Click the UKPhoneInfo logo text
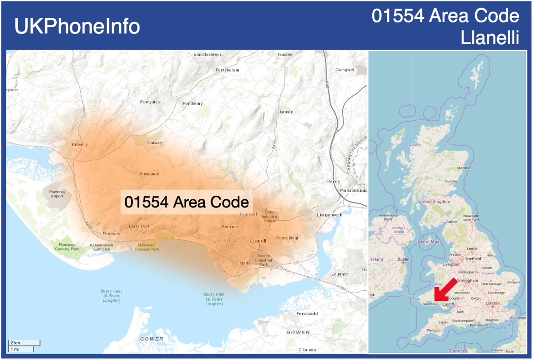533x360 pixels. pos(77,26)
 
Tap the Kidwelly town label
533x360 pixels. pos(80,145)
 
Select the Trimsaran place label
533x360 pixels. pos(150,174)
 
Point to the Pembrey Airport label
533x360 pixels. pos(57,194)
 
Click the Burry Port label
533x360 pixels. pos(139,226)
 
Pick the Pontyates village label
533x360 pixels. pos(150,102)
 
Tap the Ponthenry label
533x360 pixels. pos(192,103)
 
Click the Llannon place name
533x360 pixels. pos(286,112)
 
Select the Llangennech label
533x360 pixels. pos(330,215)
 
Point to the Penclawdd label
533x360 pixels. pos(307,313)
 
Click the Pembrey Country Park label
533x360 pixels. pos(67,247)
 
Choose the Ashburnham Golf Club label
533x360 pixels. pos(101,247)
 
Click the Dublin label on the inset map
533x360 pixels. pos(403,259)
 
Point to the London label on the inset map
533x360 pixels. pos(492,303)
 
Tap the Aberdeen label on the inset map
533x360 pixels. pos(464,168)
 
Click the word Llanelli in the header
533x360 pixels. pos(490,38)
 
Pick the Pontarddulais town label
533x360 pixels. pos(353,190)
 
